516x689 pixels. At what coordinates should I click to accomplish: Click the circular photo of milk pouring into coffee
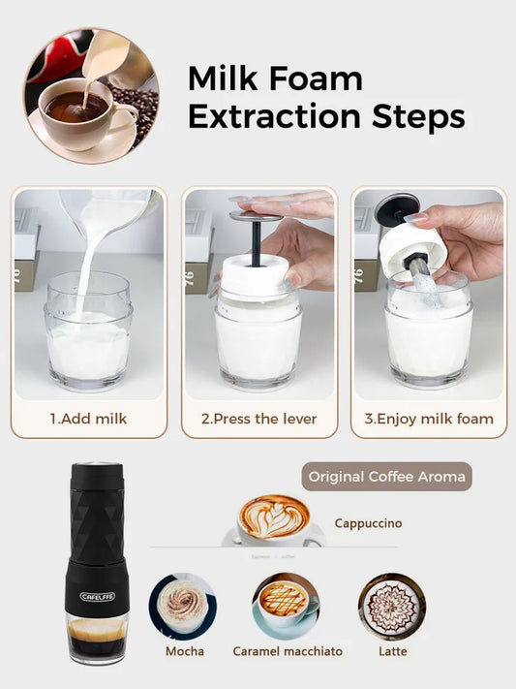coord(92,96)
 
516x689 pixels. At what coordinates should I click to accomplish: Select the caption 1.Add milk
coord(88,420)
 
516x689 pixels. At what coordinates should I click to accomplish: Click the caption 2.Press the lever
coord(258,420)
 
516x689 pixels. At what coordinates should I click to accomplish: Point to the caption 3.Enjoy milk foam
coord(428,420)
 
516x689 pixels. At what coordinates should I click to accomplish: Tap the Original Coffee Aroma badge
coord(385,477)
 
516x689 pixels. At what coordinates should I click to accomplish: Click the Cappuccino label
coord(368,523)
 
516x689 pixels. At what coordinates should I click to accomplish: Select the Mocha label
coord(184,651)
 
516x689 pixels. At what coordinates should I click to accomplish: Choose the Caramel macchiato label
coord(288,651)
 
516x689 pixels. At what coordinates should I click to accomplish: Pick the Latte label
coord(393,651)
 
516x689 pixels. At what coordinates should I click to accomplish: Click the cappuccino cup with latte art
coord(274,520)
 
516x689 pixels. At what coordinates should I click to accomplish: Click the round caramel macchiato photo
coord(286,606)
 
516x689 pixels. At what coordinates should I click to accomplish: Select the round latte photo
coord(392,607)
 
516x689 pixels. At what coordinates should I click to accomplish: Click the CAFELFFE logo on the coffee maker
coord(98,596)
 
